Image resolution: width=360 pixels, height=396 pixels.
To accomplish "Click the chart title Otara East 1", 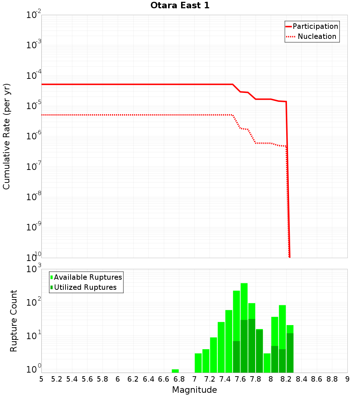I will coord(180,6).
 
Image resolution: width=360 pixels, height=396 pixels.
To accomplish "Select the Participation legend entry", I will coord(315,26).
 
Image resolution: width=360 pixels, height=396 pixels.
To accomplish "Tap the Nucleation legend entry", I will coord(317,36).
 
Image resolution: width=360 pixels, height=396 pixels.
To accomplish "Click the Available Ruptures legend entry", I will coord(88,277).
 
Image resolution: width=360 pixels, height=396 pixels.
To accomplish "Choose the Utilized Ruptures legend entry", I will coord(85,287).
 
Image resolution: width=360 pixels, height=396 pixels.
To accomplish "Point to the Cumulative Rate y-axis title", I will coord(6,136).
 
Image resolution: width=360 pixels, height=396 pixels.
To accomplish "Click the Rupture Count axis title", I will coord(14,321).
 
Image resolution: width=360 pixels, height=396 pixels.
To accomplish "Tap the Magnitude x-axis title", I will coord(194,390).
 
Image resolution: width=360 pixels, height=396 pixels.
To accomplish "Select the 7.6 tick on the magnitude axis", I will coord(240,379).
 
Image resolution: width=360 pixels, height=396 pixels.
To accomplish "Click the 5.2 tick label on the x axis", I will coord(57,379).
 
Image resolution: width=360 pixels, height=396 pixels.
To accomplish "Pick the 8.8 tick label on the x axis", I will coord(332,379).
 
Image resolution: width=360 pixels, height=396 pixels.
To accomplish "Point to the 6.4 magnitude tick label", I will coord(148,379).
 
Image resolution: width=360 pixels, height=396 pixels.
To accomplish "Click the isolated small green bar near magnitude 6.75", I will coord(175,371).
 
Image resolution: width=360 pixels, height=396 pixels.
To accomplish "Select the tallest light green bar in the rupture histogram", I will coord(244,299).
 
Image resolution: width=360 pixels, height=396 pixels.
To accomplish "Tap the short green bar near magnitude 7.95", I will coord(267,363).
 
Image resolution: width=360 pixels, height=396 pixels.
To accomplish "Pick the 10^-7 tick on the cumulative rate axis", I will coord(33,167).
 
